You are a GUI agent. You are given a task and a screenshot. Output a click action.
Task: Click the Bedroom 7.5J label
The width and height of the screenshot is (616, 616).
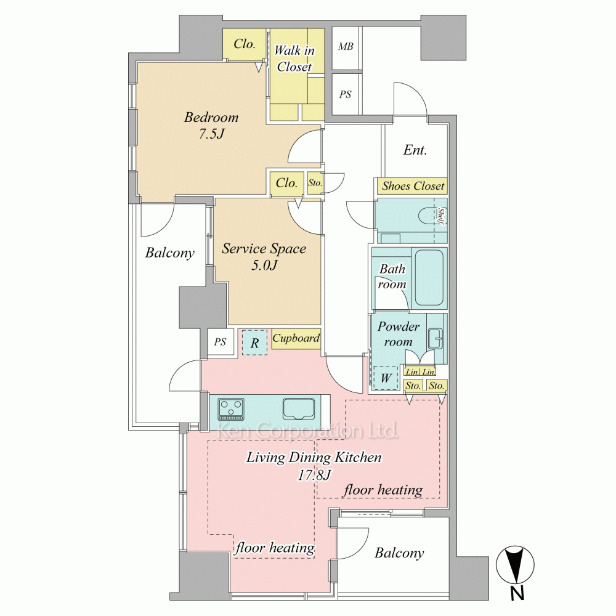(x=211, y=125)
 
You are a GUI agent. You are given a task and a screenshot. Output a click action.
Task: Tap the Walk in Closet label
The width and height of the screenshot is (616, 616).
(x=294, y=59)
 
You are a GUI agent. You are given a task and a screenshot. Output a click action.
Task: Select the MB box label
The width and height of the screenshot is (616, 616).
(x=346, y=46)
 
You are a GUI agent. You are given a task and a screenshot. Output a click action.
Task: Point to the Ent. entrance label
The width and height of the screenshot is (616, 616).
(x=415, y=150)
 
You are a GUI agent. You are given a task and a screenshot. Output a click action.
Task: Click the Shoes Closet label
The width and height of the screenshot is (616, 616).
(x=413, y=185)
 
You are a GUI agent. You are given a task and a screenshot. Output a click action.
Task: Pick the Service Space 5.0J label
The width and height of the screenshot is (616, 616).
(x=264, y=256)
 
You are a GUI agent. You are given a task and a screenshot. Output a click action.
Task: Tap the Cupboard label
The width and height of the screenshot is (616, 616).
(x=296, y=338)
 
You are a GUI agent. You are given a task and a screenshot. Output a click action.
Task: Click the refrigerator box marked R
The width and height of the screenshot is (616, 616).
(x=254, y=342)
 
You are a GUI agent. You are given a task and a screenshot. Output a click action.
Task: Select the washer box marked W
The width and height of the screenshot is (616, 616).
(x=386, y=378)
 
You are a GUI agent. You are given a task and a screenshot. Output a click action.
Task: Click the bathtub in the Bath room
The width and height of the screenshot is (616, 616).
(x=429, y=278)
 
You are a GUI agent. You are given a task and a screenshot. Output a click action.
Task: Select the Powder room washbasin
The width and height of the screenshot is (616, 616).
(x=436, y=338)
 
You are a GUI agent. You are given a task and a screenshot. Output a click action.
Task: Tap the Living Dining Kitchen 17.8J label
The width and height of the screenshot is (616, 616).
(x=314, y=466)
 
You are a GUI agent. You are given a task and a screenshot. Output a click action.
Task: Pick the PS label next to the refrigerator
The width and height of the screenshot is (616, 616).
(x=220, y=342)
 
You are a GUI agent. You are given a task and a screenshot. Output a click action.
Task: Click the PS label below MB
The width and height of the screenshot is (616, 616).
(x=346, y=94)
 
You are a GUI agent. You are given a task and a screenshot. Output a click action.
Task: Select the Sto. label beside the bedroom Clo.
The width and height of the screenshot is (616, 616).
(x=315, y=183)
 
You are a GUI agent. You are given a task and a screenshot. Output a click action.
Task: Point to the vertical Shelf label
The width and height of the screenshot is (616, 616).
(x=441, y=216)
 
